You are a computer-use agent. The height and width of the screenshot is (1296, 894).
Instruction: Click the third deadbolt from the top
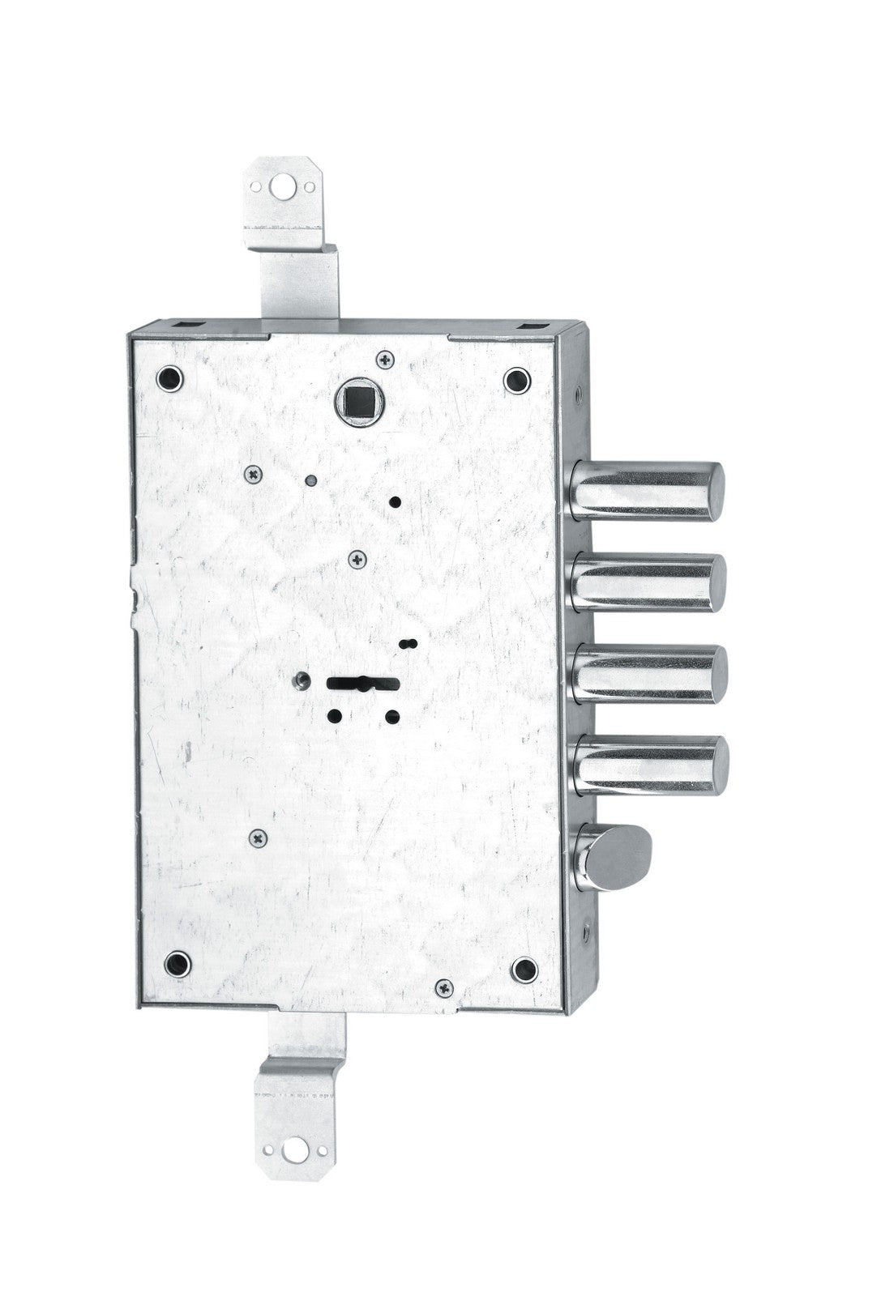[x=648, y=675]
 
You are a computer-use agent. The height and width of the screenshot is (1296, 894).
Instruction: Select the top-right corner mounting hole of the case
[x=515, y=378]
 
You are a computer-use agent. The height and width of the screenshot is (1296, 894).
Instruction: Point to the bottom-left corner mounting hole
[x=175, y=964]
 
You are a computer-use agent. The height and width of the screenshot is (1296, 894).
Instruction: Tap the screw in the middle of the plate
[x=357, y=558]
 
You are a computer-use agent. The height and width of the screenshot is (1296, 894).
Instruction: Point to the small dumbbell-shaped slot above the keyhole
[x=409, y=643]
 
